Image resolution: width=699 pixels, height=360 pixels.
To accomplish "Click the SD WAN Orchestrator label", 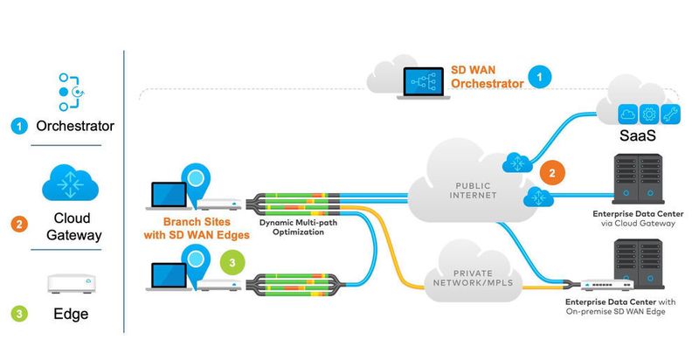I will coord(488,77).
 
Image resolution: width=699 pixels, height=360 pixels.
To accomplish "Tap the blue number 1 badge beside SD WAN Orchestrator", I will coord(543,78).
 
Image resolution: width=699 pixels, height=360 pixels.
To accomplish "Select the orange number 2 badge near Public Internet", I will coord(550,172).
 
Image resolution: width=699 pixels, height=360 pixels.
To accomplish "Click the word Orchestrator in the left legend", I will coord(75,126).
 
